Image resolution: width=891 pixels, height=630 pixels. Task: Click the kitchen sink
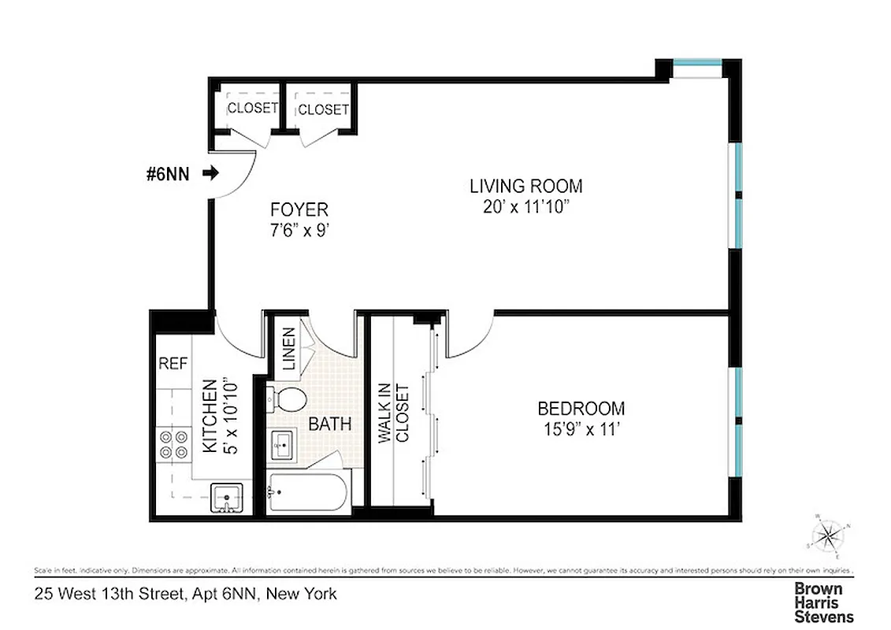pos(228,498)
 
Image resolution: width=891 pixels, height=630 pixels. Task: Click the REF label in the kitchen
pos(173,363)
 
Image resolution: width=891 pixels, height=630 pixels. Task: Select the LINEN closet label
pos(288,350)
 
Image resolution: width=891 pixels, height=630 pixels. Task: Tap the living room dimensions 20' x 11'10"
pos(526,208)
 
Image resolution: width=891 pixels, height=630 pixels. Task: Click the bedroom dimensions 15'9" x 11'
pos(581,430)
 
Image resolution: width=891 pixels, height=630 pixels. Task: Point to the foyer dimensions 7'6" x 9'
pos(299,232)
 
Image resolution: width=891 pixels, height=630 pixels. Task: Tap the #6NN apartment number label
pos(168,174)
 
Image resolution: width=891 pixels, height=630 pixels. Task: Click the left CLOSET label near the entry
pos(253,108)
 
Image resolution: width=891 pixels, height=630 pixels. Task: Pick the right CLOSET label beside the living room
pos(323,109)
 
